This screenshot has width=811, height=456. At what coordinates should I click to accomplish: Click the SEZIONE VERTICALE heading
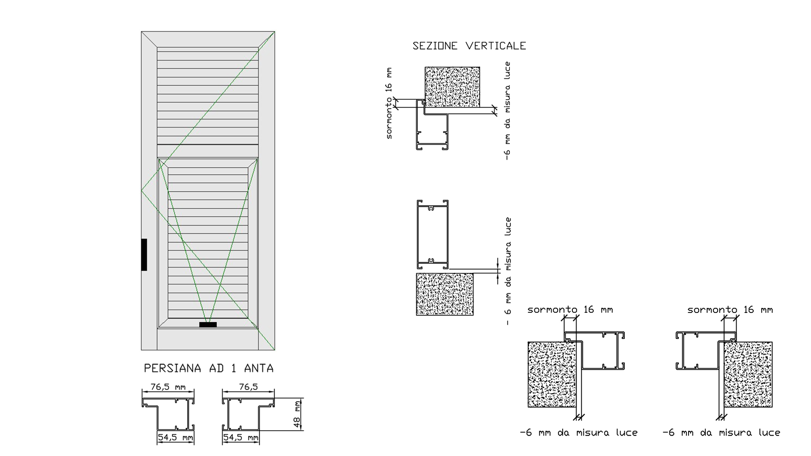(469, 46)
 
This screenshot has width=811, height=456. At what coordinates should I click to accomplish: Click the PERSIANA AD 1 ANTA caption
(209, 368)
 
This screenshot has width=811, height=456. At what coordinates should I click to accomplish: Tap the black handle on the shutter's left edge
(144, 255)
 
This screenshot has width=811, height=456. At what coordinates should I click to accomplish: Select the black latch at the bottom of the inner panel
(208, 325)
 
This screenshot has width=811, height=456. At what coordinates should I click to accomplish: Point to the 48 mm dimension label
(297, 414)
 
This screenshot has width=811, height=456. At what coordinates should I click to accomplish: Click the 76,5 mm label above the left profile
(168, 387)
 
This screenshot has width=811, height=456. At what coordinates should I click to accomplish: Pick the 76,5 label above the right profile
(248, 387)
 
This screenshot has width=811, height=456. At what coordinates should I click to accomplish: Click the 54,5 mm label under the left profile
(175, 437)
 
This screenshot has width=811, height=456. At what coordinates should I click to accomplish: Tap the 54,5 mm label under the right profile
(241, 437)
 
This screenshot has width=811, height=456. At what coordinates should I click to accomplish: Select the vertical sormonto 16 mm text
(389, 103)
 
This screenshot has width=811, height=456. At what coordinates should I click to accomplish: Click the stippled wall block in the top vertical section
(452, 87)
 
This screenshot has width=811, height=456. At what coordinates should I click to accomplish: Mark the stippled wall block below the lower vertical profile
(445, 294)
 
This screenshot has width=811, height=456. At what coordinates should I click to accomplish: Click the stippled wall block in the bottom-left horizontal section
(552, 375)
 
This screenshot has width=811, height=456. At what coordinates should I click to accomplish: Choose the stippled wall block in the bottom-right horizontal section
(748, 375)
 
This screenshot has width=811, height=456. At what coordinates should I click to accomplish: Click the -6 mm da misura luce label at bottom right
(721, 433)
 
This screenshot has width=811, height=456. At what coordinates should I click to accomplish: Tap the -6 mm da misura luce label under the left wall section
(579, 433)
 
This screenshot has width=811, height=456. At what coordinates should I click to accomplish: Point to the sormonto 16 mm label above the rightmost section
(730, 310)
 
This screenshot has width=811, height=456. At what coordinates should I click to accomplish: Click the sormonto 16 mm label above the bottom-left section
(570, 310)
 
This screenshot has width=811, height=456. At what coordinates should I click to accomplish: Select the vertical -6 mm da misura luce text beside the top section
(508, 111)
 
